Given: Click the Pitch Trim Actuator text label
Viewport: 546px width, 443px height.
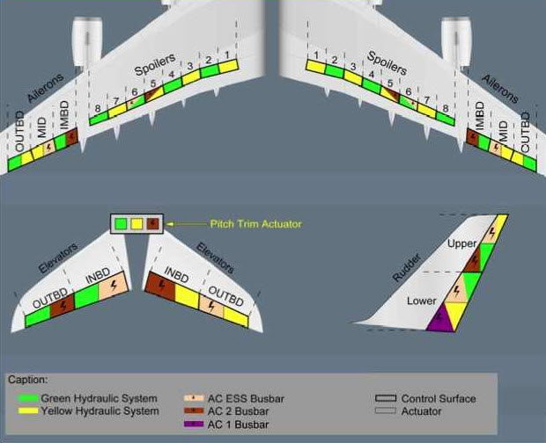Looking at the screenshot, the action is pos(255,224).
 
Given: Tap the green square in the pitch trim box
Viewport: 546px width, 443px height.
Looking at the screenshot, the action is pos(120,223).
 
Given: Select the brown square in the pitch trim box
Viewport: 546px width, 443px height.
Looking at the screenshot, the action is pos(152,223).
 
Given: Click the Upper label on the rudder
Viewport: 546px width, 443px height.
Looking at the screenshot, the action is pos(461,243).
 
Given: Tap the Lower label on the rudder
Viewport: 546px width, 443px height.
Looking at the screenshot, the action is pos(422,301).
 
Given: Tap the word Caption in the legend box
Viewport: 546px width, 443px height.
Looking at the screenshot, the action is pos(26,380).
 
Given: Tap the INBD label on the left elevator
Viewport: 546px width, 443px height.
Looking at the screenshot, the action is pos(96,280).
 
